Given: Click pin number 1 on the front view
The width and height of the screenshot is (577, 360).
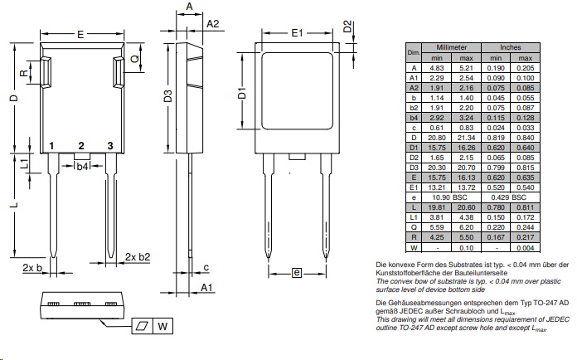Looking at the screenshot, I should tap(51, 147).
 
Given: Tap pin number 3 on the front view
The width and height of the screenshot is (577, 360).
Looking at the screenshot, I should tap(109, 147).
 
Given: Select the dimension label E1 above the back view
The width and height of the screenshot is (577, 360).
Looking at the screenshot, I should tap(298, 33).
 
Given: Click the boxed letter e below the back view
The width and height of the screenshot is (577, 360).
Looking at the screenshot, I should tap(297, 272).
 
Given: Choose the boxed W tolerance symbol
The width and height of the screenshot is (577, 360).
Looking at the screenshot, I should tap(163, 326).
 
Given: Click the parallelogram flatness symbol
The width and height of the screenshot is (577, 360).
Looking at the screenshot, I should tap(141, 326).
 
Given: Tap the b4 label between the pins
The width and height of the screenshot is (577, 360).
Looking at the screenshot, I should tap(81, 167).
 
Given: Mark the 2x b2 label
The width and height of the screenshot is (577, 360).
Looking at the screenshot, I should tap(138, 256).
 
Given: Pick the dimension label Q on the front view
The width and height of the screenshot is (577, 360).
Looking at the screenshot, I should tap(135, 60).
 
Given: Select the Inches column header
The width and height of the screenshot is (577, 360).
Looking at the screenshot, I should tap(511, 48).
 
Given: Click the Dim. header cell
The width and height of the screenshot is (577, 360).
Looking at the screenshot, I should tap(412, 53).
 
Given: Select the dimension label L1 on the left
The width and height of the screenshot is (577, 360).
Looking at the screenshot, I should tap(25, 163).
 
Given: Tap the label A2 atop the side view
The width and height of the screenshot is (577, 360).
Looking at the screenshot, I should tap(212, 23).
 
